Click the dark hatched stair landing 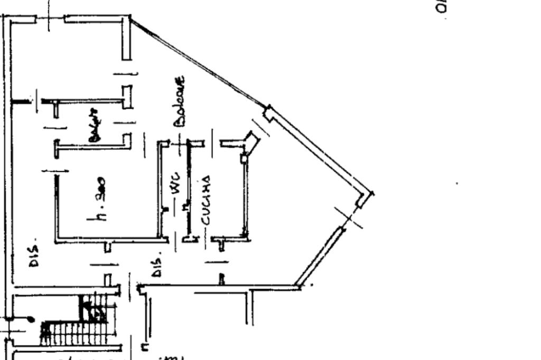(x=93, y=308)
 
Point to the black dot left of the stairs (x=31, y=319)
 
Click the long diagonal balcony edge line (x=198, y=63)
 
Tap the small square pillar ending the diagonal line (x=268, y=112)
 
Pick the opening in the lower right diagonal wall (x=350, y=217)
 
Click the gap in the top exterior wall (x=50, y=19)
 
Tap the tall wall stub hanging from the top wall (x=126, y=39)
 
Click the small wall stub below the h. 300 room (x=107, y=246)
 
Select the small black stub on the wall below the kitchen (x=222, y=278)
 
